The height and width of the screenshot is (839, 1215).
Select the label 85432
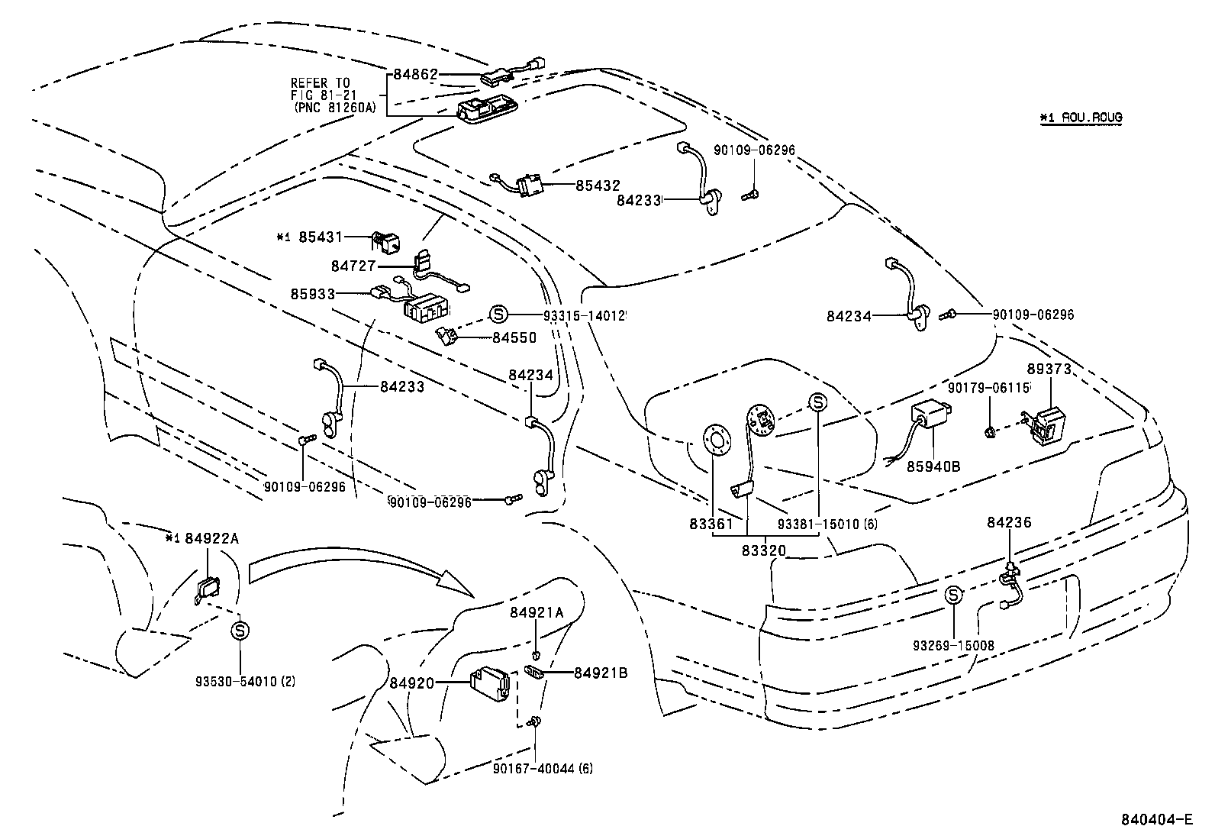coord(598,186)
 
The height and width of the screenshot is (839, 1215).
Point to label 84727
coord(353,266)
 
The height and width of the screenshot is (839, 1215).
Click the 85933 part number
coord(313,294)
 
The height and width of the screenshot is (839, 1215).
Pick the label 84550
coord(514,337)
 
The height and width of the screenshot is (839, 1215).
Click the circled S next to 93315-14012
coord(498,314)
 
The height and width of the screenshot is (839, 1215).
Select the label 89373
coord(1049,369)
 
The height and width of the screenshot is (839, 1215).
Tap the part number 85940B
coord(933,466)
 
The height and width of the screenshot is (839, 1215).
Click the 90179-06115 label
coord(989,389)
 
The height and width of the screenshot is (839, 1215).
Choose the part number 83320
coord(763,550)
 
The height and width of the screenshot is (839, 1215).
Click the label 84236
coord(1009,523)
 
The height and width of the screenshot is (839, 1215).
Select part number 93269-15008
coord(953,646)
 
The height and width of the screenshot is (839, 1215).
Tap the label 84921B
coord(601,673)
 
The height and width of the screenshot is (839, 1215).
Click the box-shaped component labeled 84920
coord(490,682)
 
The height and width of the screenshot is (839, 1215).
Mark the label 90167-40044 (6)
coord(543,768)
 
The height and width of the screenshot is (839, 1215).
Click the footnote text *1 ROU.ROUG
coord(1080,118)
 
